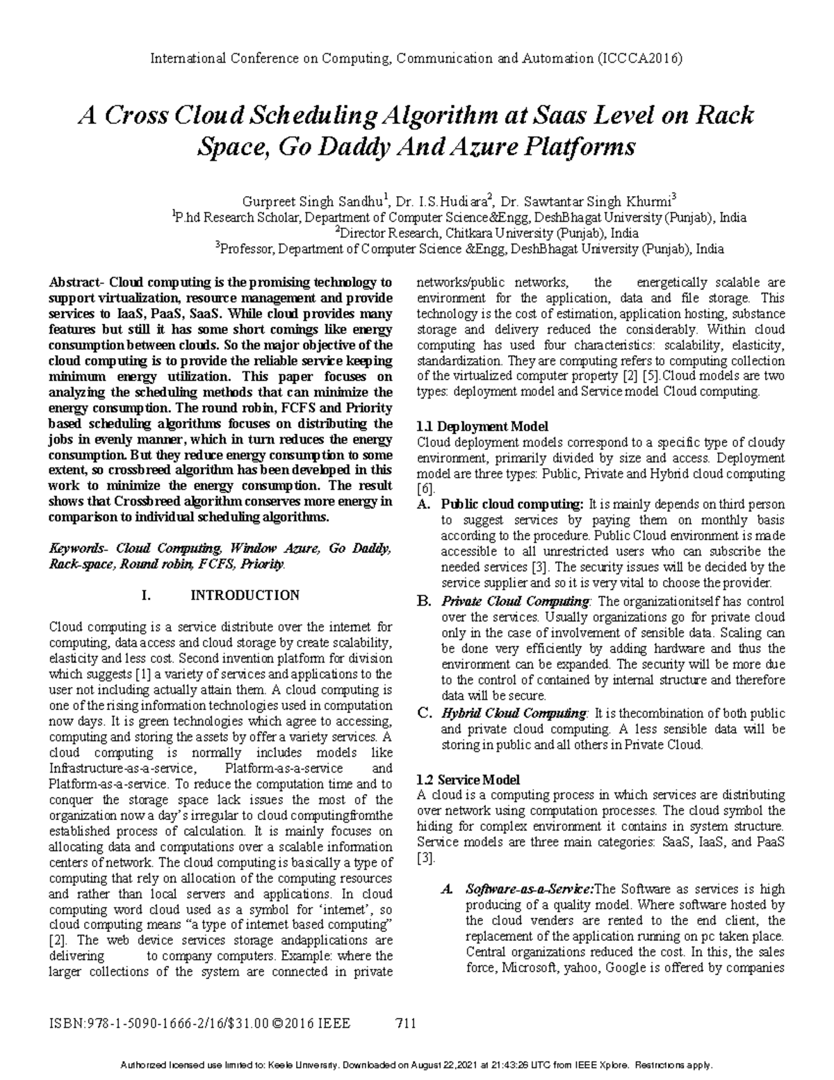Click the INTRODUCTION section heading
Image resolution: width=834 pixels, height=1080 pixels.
(x=245, y=595)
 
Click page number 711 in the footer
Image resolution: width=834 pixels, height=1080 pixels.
(x=404, y=1023)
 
